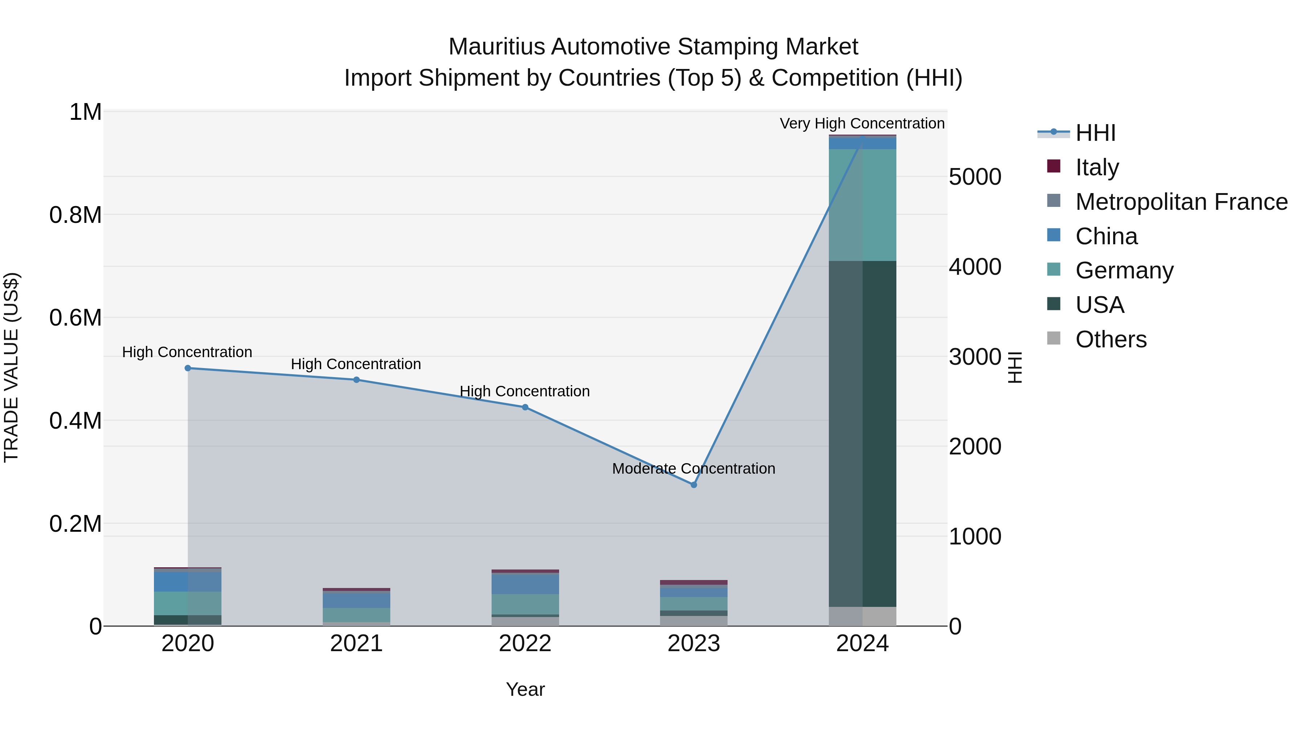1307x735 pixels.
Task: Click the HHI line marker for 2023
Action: [x=693, y=485]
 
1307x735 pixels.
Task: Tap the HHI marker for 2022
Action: [x=525, y=407]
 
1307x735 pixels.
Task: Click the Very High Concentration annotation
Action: [x=862, y=124]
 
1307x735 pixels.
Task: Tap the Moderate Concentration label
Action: [x=693, y=469]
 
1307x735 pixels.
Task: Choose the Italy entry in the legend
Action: [x=1096, y=167]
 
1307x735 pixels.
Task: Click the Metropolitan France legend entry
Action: [x=1181, y=202]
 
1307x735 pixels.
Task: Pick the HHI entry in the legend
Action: [x=1095, y=133]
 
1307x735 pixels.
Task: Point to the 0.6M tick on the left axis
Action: [x=75, y=318]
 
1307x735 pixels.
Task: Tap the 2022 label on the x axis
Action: [x=525, y=644]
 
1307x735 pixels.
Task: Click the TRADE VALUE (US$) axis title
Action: [x=11, y=367]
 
